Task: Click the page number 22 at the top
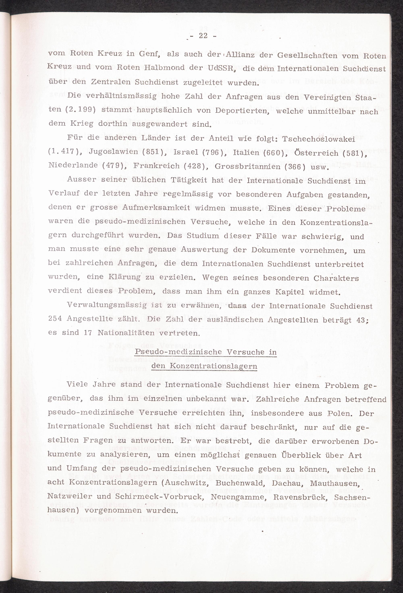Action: [203, 36]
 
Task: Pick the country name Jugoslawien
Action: [113, 152]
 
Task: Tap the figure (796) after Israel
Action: [213, 153]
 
